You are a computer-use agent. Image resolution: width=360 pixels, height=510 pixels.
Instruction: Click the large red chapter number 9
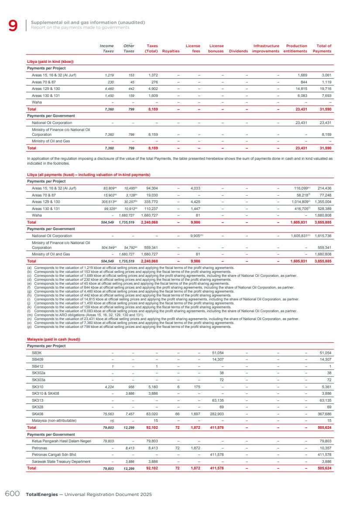[x=13, y=26]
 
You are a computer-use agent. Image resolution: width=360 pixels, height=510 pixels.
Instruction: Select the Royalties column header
[x=171, y=51]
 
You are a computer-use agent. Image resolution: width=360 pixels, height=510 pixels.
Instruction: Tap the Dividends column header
[x=238, y=51]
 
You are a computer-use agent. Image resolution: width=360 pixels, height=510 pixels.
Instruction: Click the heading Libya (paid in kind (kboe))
[x=50, y=62]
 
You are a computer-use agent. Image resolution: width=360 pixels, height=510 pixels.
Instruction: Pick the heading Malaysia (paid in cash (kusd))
[x=54, y=351]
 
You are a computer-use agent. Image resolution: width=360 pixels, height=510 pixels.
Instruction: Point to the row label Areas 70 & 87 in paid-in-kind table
[x=44, y=82]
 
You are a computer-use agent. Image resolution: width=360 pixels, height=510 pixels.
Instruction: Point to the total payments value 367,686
[x=323, y=414]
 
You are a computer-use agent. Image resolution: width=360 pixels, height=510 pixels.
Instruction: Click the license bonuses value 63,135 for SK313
[x=218, y=400]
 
